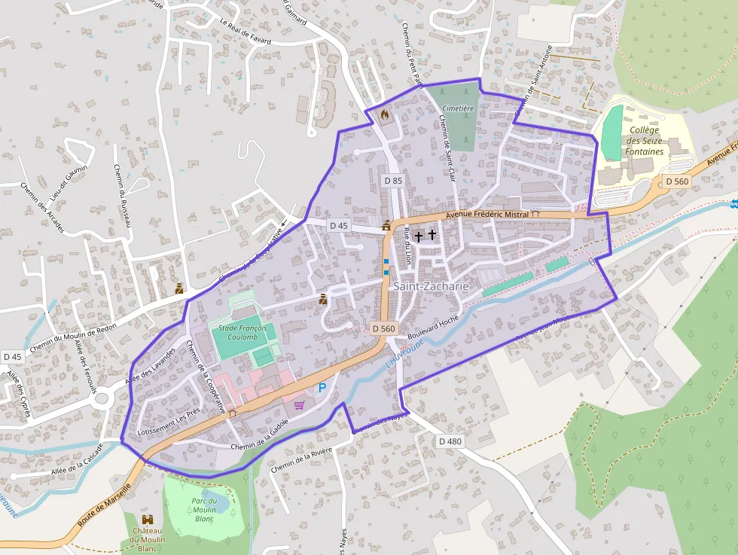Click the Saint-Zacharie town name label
click(x=431, y=287)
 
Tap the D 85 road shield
click(x=393, y=181)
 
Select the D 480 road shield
click(x=449, y=441)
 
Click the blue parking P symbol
click(x=322, y=388)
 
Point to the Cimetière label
click(x=458, y=108)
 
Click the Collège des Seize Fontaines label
click(x=644, y=141)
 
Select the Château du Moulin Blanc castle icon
click(x=148, y=519)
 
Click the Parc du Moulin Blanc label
click(x=204, y=510)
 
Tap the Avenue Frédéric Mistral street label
click(x=487, y=215)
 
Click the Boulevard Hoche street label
click(x=432, y=326)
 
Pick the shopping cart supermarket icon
click(x=300, y=404)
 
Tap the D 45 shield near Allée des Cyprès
click(x=12, y=356)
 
